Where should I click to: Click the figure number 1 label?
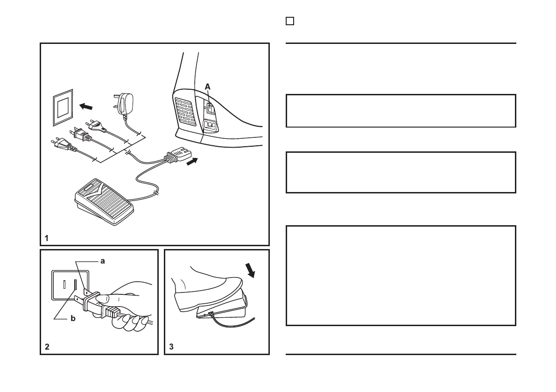coord(47,238)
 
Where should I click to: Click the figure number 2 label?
coord(47,347)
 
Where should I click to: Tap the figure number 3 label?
coord(171,347)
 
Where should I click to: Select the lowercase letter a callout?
coord(103,261)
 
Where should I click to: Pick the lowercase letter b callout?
coord(72,319)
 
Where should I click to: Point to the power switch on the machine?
coord(211,108)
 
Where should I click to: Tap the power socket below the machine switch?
coord(211,125)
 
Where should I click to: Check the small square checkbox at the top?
coord(289,21)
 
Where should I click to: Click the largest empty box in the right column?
coord(401,276)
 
